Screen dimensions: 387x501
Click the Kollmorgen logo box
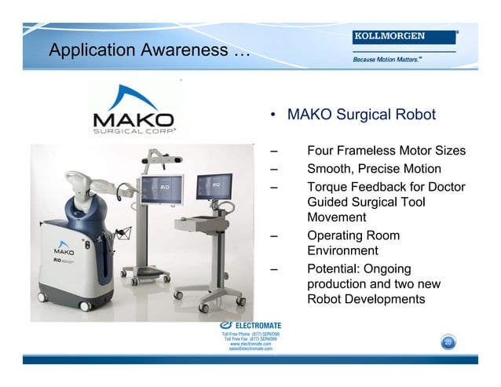[404, 37]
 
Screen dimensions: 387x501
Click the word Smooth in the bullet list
[330, 169]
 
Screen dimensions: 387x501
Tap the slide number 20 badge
[447, 342]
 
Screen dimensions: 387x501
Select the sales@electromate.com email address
[251, 349]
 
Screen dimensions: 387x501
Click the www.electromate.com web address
[251, 344]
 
